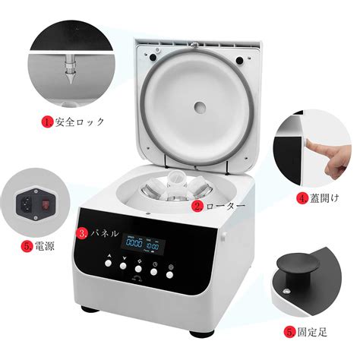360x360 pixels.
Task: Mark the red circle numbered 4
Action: point(302,199)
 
